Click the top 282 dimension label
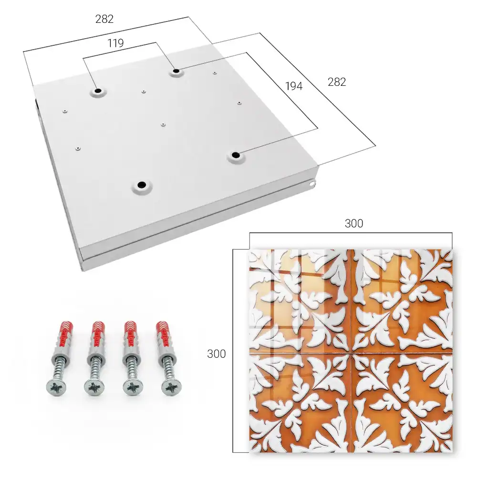pos(104,19)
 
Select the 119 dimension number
pos(115,43)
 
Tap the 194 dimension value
pos(294,86)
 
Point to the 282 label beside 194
pos(337,82)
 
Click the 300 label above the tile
pos(354,224)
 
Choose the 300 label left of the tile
pos(216,354)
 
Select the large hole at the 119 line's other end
pos(98,91)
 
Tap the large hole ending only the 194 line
pos(235,155)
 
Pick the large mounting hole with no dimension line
pos(142,185)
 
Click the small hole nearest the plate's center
pos(163,124)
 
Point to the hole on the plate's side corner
pos(312,184)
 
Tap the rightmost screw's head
pos(171,387)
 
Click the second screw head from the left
pos(93,388)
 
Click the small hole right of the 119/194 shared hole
pos(215,73)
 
